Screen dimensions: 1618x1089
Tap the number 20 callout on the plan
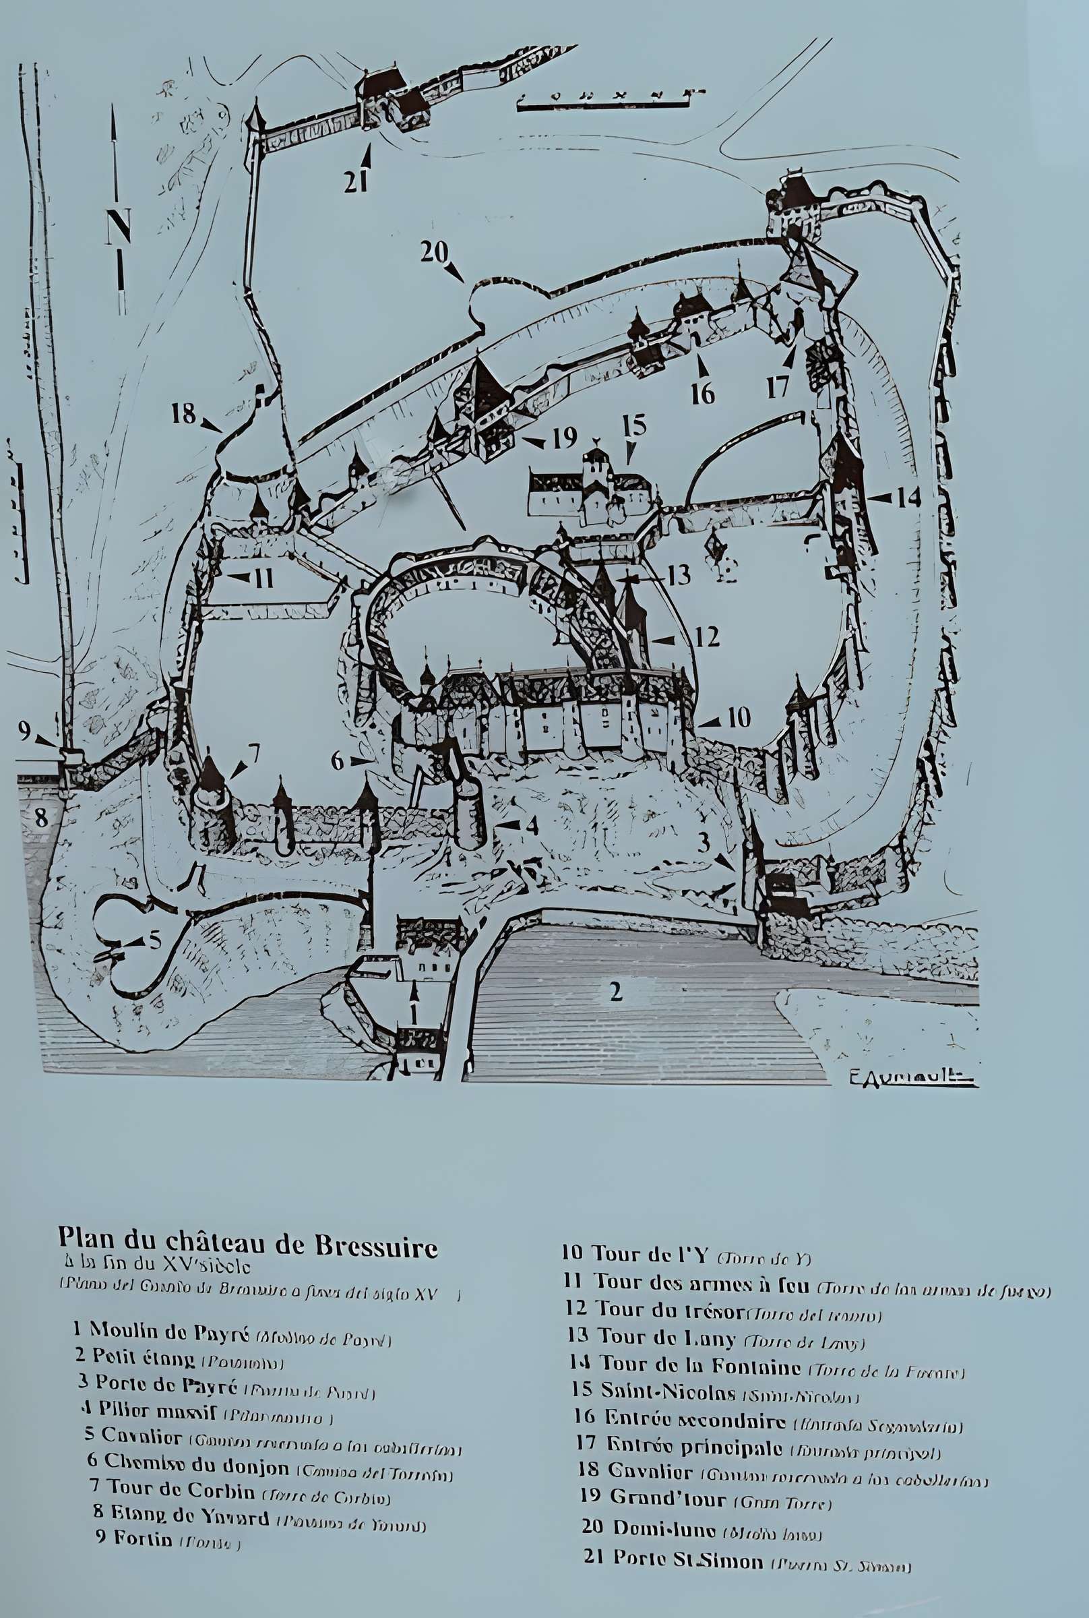click(x=434, y=252)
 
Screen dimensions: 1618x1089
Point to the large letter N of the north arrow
click(x=119, y=227)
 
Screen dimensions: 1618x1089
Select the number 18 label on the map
click(x=184, y=414)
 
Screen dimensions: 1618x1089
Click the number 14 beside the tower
click(x=908, y=498)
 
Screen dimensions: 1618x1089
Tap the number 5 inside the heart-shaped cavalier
click(x=154, y=941)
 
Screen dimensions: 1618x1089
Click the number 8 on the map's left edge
click(x=41, y=818)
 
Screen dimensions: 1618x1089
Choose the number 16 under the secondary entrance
click(x=703, y=393)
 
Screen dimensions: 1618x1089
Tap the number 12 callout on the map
click(x=706, y=636)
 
